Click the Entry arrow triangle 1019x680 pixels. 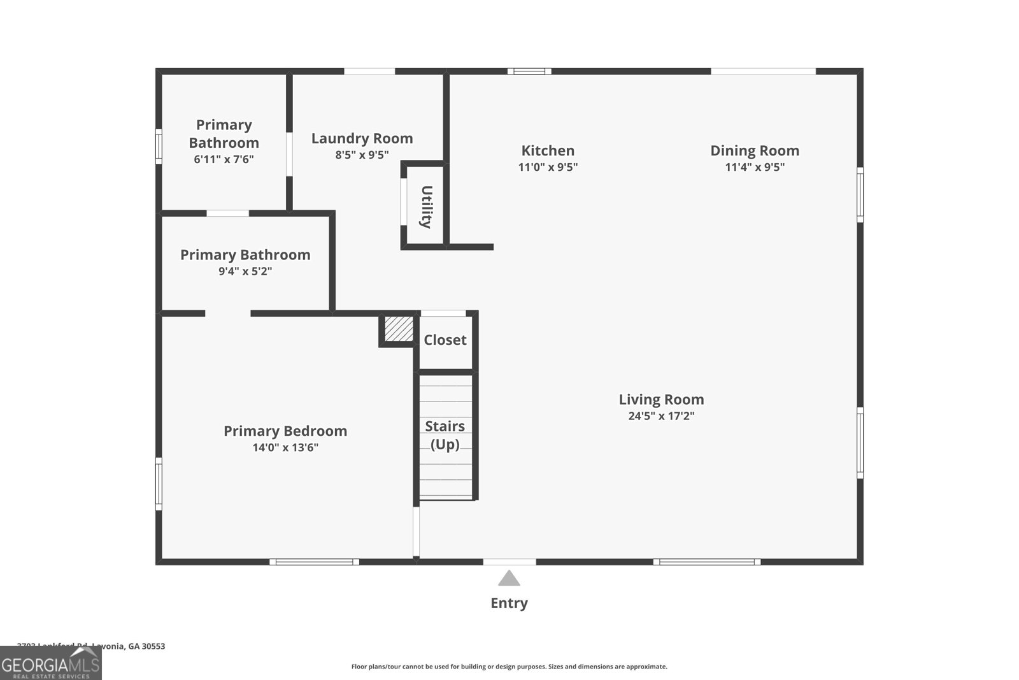(x=509, y=579)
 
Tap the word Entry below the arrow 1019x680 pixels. (x=509, y=603)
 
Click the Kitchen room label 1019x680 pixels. (x=548, y=150)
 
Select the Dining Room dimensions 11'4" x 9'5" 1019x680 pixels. (x=755, y=167)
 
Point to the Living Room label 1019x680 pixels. (x=661, y=400)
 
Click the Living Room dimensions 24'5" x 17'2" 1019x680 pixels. (x=661, y=416)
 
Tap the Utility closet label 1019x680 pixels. (x=426, y=206)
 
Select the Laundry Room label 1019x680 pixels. (x=362, y=138)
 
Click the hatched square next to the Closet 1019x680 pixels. (x=399, y=329)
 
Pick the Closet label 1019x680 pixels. (x=445, y=340)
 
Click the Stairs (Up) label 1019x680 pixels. (x=445, y=435)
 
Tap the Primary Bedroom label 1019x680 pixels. (x=285, y=431)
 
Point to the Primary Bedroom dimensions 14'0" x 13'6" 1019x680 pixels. (x=285, y=447)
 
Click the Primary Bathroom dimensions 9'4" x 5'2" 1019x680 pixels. (x=245, y=271)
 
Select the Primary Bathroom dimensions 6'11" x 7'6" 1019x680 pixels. (x=224, y=159)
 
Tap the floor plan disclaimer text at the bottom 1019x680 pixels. (x=509, y=667)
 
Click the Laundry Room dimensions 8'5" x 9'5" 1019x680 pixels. (x=362, y=155)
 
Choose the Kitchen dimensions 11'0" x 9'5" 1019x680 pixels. (x=548, y=167)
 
